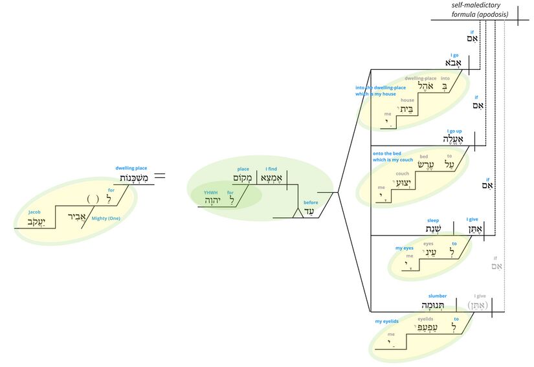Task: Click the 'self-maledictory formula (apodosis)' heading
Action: [x=480, y=10]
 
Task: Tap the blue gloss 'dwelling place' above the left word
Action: [x=131, y=168]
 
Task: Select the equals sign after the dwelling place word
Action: [x=159, y=175]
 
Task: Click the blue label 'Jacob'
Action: [x=34, y=212]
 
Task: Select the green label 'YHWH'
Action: [x=211, y=192]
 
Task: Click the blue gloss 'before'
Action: [x=311, y=203]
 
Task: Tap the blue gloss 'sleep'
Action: [x=432, y=220]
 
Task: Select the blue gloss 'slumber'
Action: [x=438, y=296]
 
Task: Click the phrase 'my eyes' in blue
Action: [x=404, y=248]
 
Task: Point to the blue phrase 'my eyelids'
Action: [x=388, y=322]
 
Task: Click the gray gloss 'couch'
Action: [x=403, y=173]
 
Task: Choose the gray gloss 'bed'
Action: [x=424, y=157]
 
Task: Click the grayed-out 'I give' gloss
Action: [x=479, y=296]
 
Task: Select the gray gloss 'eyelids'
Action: [x=425, y=319]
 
